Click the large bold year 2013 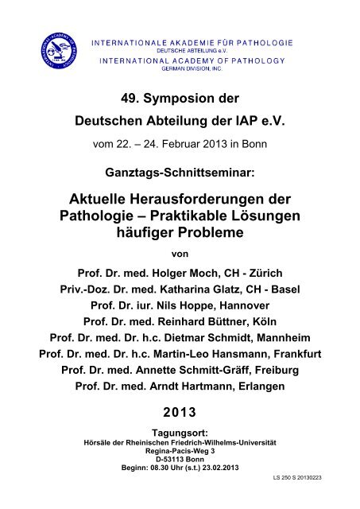coord(180,433)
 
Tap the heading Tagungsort coord(180,454)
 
